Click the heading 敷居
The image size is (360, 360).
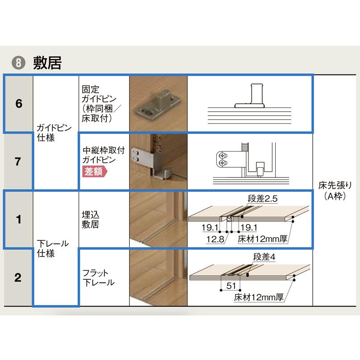point(47,62)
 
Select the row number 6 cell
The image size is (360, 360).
point(18,104)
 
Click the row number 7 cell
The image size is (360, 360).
point(18,161)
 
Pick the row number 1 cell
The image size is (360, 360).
point(18,219)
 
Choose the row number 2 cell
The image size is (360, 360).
point(18,277)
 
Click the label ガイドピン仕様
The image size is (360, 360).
point(51,133)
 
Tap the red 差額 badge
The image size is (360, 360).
point(95,172)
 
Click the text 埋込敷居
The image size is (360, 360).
point(90,219)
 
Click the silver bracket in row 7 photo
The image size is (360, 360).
point(147,158)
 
